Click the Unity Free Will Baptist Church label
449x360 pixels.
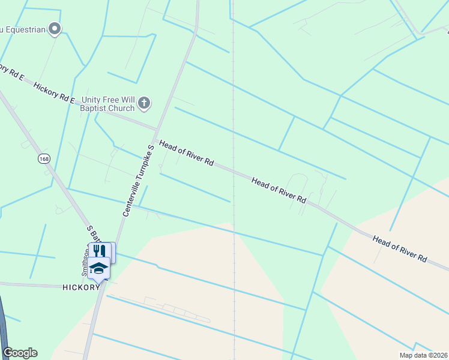pyautogui.click(x=106, y=103)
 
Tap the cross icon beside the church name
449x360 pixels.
pyautogui.click(x=144, y=104)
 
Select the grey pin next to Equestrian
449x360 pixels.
pyautogui.click(x=55, y=28)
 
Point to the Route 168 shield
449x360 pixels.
pyautogui.click(x=43, y=158)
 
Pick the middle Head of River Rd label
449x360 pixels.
pyautogui.click(x=279, y=190)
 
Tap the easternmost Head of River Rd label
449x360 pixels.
pyautogui.click(x=399, y=248)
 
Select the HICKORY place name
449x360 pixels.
pyautogui.click(x=80, y=287)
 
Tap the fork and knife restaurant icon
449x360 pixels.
pyautogui.click(x=100, y=251)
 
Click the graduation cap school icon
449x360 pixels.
pyautogui.click(x=98, y=269)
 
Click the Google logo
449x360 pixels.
pyautogui.click(x=20, y=353)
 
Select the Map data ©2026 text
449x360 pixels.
pyautogui.click(x=423, y=355)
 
